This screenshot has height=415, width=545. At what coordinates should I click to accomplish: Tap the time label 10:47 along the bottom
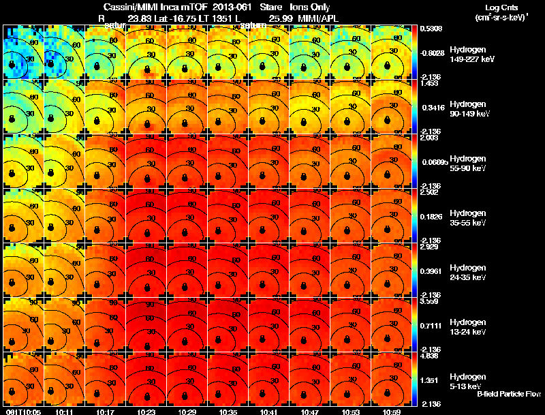coord(310,411)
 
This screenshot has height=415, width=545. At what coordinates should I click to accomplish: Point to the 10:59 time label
coord(392,411)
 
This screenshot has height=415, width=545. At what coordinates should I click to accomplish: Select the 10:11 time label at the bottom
coord(65,411)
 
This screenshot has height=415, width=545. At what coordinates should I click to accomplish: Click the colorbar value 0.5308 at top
coord(432,29)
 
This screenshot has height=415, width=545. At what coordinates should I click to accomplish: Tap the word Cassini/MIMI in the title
coord(130,7)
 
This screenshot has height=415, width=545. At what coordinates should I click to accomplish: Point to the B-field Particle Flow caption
coord(508,394)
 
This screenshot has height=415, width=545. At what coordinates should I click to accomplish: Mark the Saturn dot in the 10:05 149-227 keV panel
coord(12,64)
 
